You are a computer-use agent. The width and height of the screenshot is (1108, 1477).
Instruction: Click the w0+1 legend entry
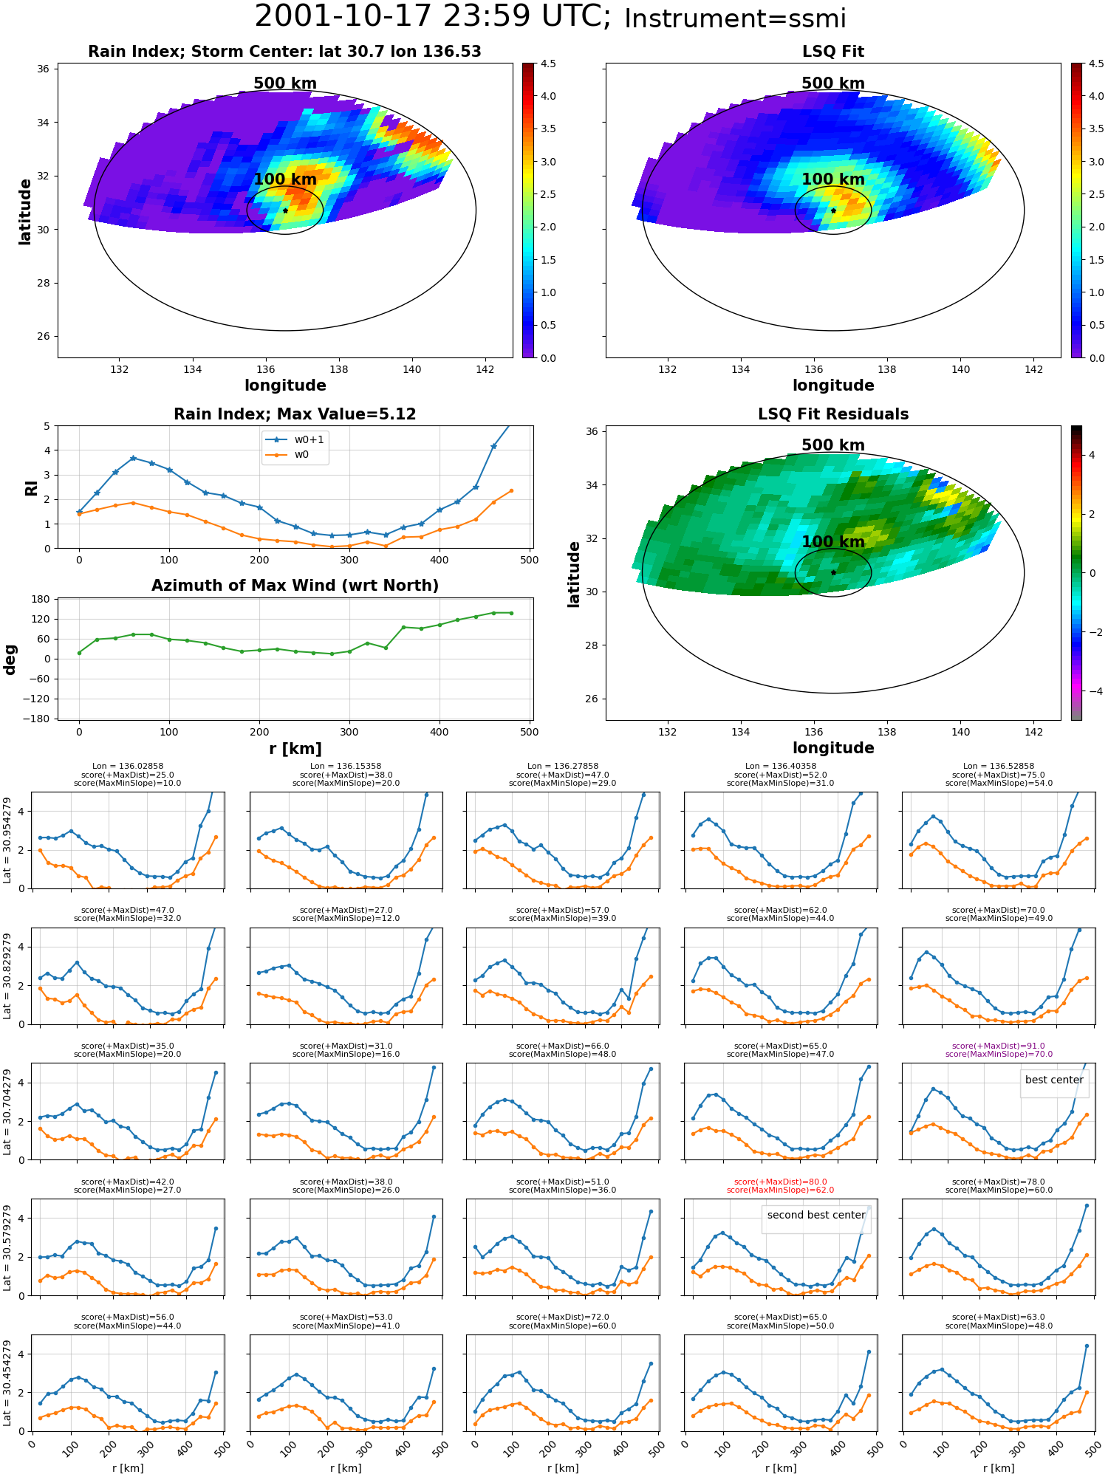coord(295,439)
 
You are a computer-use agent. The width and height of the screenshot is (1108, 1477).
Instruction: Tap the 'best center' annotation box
coord(1054,1080)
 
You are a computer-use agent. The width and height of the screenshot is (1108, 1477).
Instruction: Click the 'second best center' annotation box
coord(816,1215)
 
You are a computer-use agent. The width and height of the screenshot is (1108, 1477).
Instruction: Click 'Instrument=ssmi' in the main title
coord(735,18)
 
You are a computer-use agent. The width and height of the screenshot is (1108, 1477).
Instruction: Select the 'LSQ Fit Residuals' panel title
coord(833,414)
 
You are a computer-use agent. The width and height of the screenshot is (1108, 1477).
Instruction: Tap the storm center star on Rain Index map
coord(285,210)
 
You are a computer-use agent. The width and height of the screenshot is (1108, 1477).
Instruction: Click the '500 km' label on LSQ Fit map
coord(833,83)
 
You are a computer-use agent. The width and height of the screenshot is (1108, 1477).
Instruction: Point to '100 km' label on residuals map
coord(833,542)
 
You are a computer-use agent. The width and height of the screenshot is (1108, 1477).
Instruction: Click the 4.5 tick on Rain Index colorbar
coord(548,64)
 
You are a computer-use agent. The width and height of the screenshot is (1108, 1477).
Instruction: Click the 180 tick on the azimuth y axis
coord(41,599)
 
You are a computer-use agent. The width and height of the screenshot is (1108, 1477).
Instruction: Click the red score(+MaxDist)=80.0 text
coord(781,1182)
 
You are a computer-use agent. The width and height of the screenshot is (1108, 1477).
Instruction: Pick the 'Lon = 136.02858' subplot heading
coord(128,767)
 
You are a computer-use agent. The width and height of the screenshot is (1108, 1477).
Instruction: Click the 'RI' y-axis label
coord(31,488)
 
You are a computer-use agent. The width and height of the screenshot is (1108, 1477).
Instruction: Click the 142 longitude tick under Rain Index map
coord(485,369)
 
